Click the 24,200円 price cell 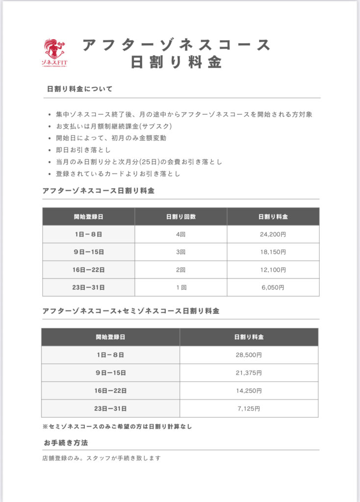(273, 234)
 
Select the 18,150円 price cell (273, 252)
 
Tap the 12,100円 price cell (273, 270)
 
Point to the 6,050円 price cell (273, 288)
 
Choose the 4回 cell (180, 234)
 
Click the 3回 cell (180, 252)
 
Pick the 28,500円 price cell (249, 355)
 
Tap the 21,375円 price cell (249, 373)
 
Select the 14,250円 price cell (249, 391)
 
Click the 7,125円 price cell (249, 408)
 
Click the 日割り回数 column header (180, 216)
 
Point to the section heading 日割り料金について (79, 89)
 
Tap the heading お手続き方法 (66, 443)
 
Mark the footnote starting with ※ (117, 427)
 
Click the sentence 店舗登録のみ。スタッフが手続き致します (102, 458)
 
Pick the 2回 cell (180, 270)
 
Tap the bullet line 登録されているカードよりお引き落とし (118, 174)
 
